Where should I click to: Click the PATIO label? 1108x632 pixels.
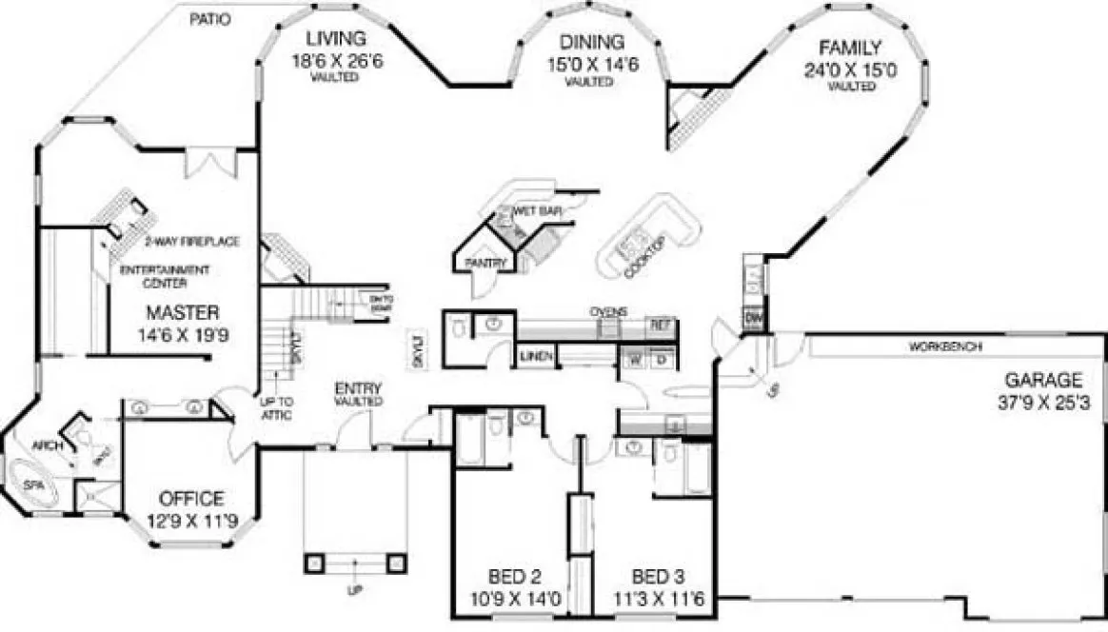[x=209, y=19]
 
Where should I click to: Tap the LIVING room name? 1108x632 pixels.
[x=334, y=40]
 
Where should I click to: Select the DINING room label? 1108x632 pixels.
[x=591, y=42]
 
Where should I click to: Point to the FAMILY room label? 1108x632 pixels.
[x=850, y=48]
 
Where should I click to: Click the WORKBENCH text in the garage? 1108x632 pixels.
[x=945, y=346]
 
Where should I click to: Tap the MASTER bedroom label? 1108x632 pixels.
[x=184, y=312]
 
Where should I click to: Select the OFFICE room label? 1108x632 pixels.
[x=191, y=499]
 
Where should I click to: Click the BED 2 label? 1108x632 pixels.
[x=515, y=576]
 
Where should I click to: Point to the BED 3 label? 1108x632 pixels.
[x=657, y=576]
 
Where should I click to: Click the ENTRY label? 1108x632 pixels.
[x=358, y=388]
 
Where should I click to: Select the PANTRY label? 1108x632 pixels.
[x=484, y=263]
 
